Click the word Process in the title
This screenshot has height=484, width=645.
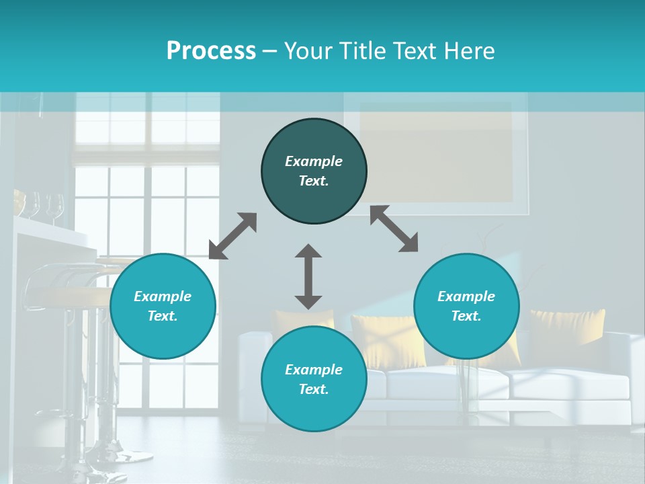point(211,51)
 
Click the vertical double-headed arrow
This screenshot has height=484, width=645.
point(308,276)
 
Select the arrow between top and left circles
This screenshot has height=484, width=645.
point(232,236)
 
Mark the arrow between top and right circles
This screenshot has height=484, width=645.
point(394,229)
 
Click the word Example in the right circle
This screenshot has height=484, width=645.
point(466,296)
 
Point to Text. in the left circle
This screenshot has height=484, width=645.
point(163,316)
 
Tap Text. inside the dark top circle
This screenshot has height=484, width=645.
point(314,181)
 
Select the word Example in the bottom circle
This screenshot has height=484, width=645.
point(314,370)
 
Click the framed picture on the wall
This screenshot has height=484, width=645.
point(437,151)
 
